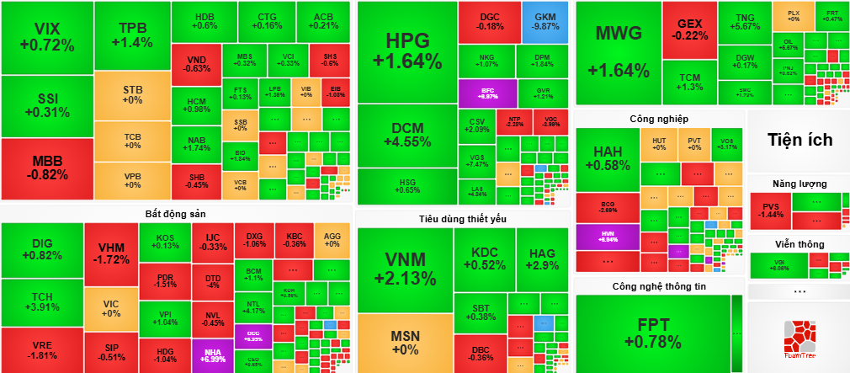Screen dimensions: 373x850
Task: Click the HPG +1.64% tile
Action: (x=406, y=51)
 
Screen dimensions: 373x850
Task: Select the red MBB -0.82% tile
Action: (x=45, y=168)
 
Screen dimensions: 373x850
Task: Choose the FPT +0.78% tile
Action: (x=658, y=333)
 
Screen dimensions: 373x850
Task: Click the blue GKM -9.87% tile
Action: (x=545, y=22)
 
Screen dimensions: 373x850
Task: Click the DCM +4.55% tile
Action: (x=406, y=136)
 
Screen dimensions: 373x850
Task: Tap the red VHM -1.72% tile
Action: (x=112, y=254)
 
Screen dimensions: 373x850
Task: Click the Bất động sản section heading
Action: (x=175, y=214)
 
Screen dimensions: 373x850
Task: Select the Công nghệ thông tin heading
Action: (x=659, y=286)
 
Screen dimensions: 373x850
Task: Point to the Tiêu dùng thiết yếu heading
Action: (x=462, y=219)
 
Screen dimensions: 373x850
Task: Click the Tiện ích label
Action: (x=799, y=140)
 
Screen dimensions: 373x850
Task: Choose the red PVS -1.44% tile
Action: (x=771, y=211)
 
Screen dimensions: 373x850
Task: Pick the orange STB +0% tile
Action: (x=132, y=94)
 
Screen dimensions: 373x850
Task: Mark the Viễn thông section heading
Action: (x=799, y=244)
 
